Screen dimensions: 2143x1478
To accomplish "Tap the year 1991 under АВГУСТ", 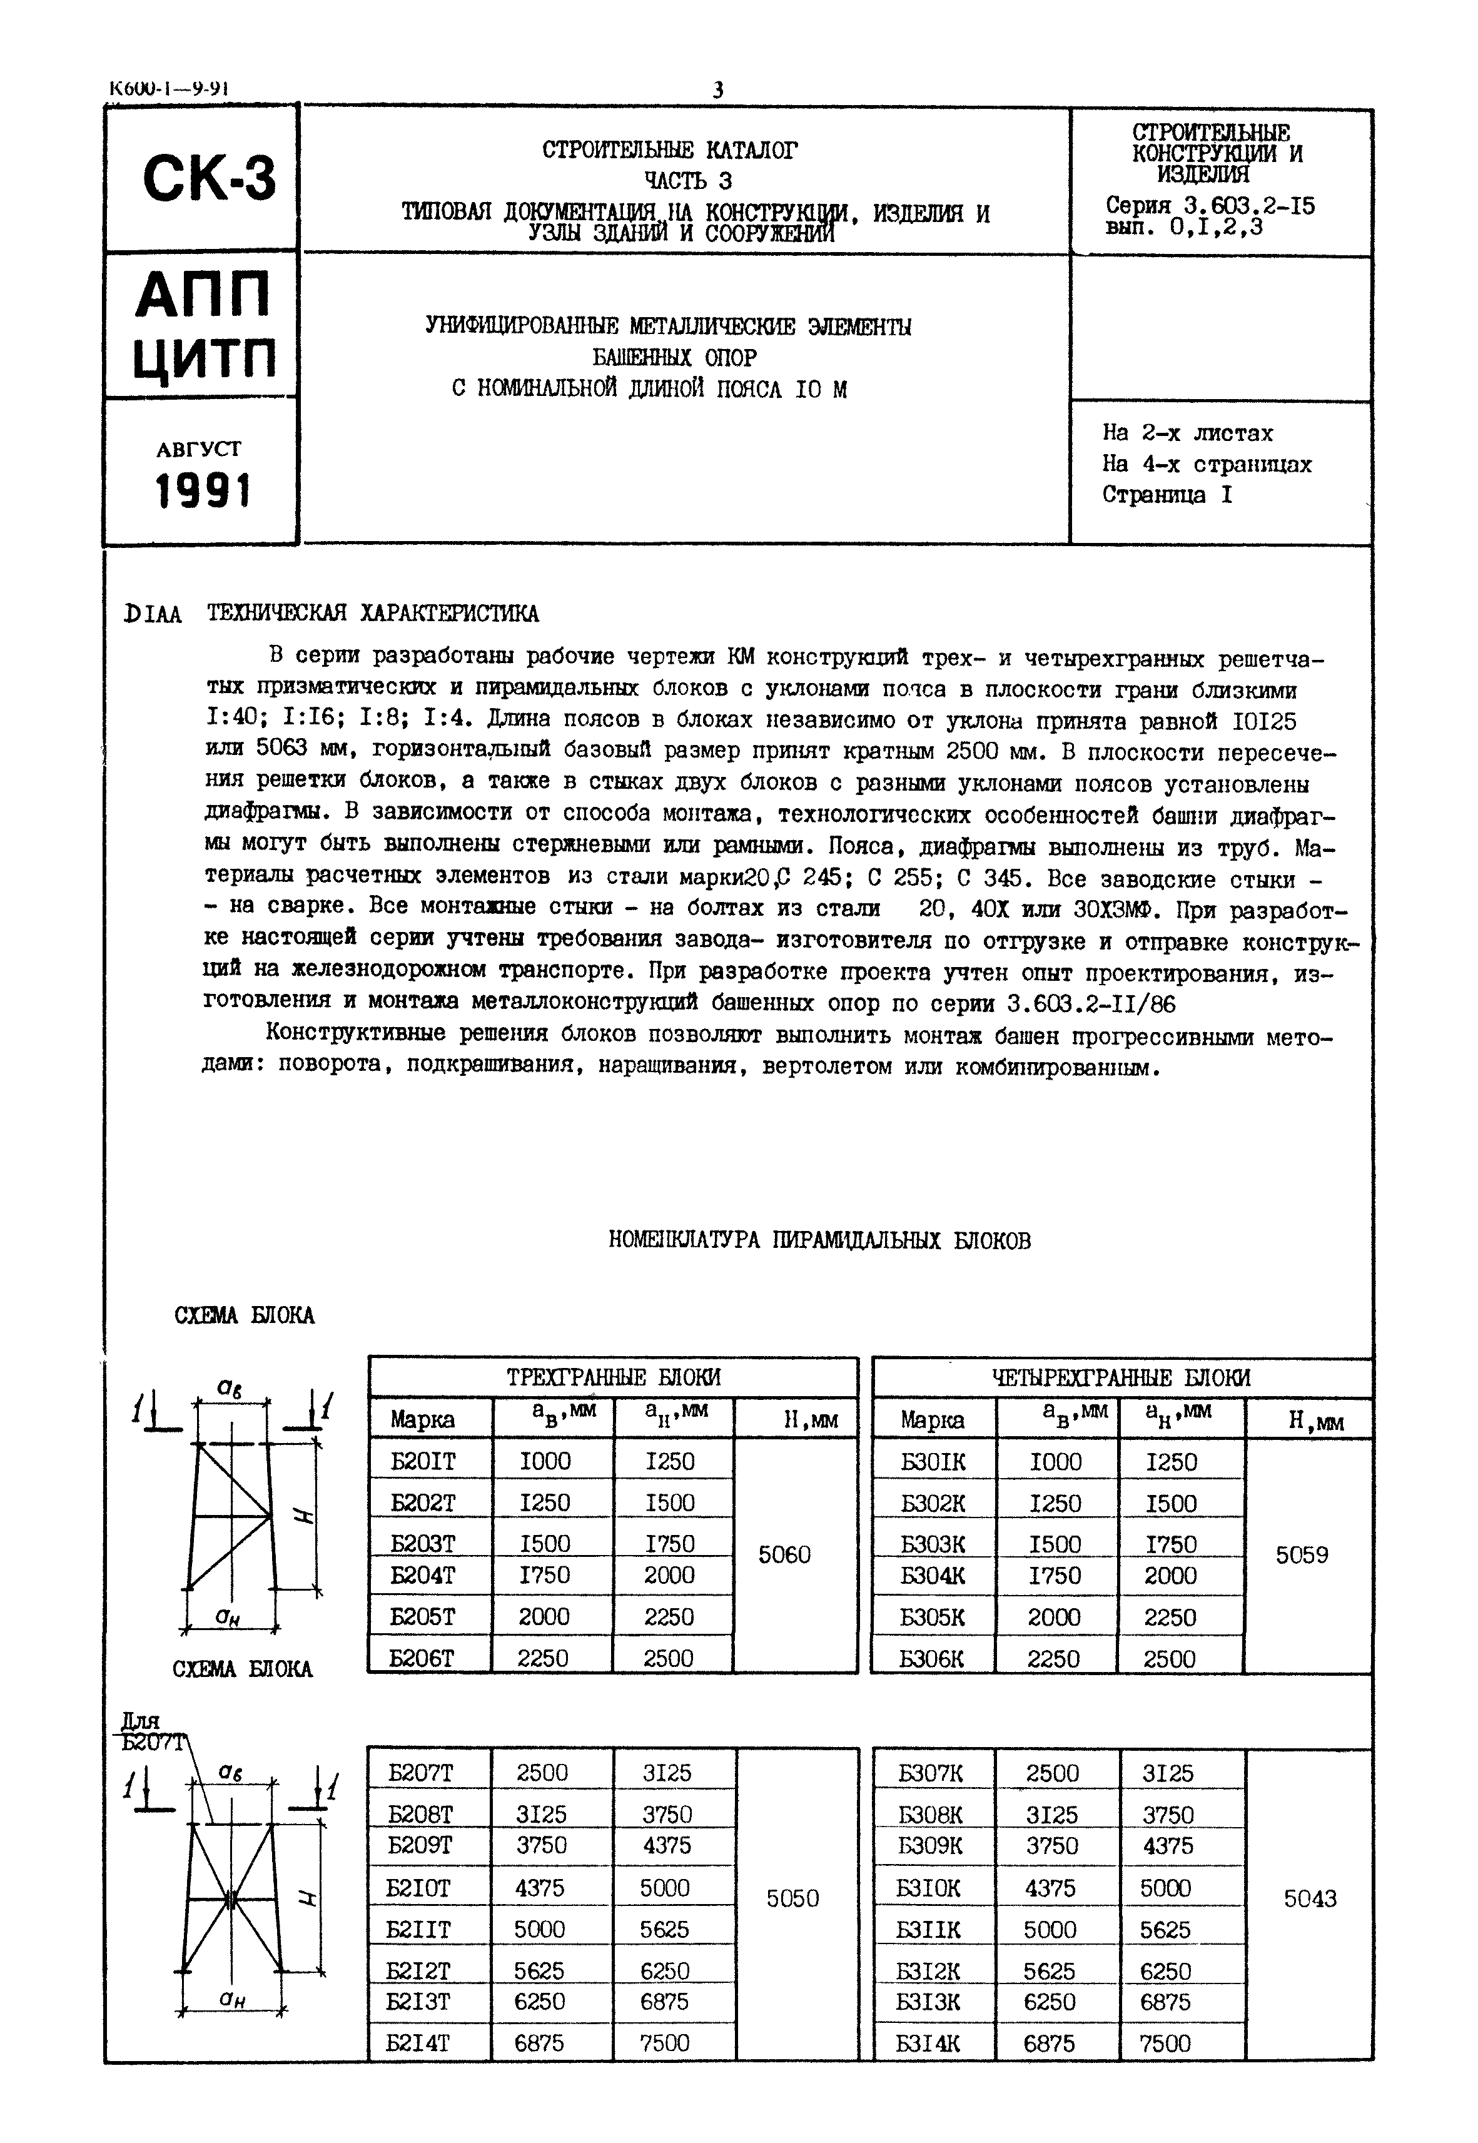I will tap(203, 491).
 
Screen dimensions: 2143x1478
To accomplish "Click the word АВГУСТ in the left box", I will tap(198, 449).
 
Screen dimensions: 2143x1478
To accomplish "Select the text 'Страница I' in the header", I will tap(1167, 495).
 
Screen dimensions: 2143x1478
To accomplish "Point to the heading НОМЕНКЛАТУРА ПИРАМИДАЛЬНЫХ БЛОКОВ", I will tap(819, 1240).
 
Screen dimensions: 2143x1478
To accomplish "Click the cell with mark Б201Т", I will tap(424, 1461).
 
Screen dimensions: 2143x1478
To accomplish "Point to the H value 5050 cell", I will tap(792, 1898).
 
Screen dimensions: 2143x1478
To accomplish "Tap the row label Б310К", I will tap(929, 1887).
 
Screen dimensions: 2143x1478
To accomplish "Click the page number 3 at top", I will tap(717, 90).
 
